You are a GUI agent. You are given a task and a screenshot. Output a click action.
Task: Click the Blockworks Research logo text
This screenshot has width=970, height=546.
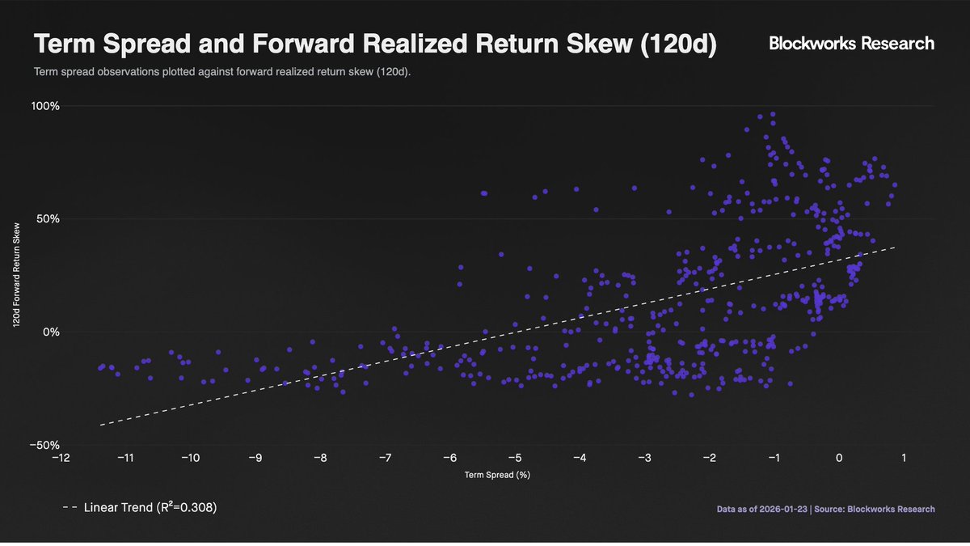point(851,44)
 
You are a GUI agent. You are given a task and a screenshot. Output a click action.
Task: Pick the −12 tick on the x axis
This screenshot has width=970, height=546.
point(60,458)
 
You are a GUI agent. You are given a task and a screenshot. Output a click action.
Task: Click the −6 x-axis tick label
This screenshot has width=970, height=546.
point(449,458)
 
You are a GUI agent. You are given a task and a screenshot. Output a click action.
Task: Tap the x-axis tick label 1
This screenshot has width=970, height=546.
point(904,458)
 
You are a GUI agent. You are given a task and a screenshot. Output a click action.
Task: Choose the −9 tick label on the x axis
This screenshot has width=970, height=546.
point(255,458)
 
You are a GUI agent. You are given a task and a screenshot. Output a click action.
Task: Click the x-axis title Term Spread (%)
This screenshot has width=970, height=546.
point(497,475)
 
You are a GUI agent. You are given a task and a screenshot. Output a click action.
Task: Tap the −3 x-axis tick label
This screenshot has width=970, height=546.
point(644,458)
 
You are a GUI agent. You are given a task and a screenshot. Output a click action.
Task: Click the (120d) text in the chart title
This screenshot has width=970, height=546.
point(677,45)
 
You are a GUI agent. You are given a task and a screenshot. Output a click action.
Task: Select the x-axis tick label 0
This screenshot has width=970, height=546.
point(839,458)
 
